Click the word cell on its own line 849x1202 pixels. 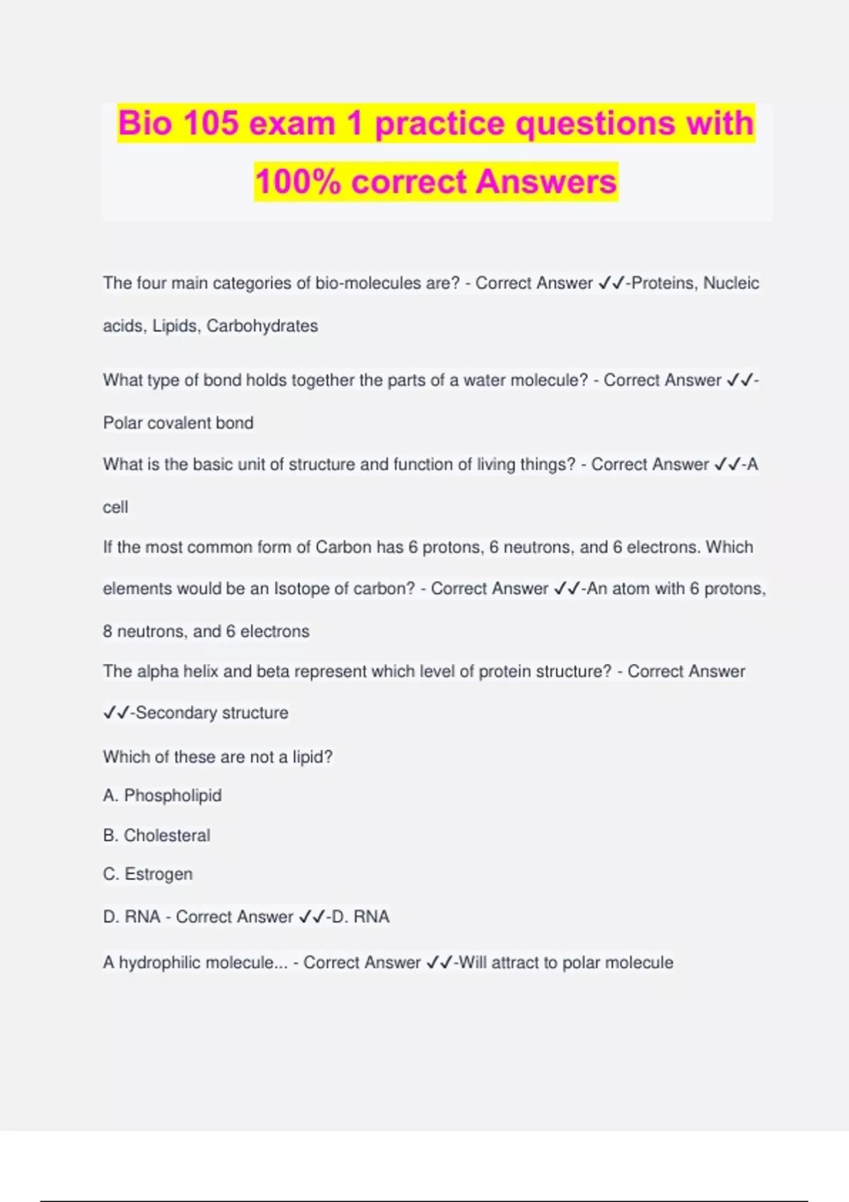pos(115,507)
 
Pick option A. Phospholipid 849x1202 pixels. pos(162,795)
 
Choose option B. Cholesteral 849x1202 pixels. pos(156,835)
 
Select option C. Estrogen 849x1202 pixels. pos(147,874)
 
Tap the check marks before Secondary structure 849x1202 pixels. pos(115,713)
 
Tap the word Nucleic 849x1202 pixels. pos(731,283)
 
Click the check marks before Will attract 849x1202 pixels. pos(439,962)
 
